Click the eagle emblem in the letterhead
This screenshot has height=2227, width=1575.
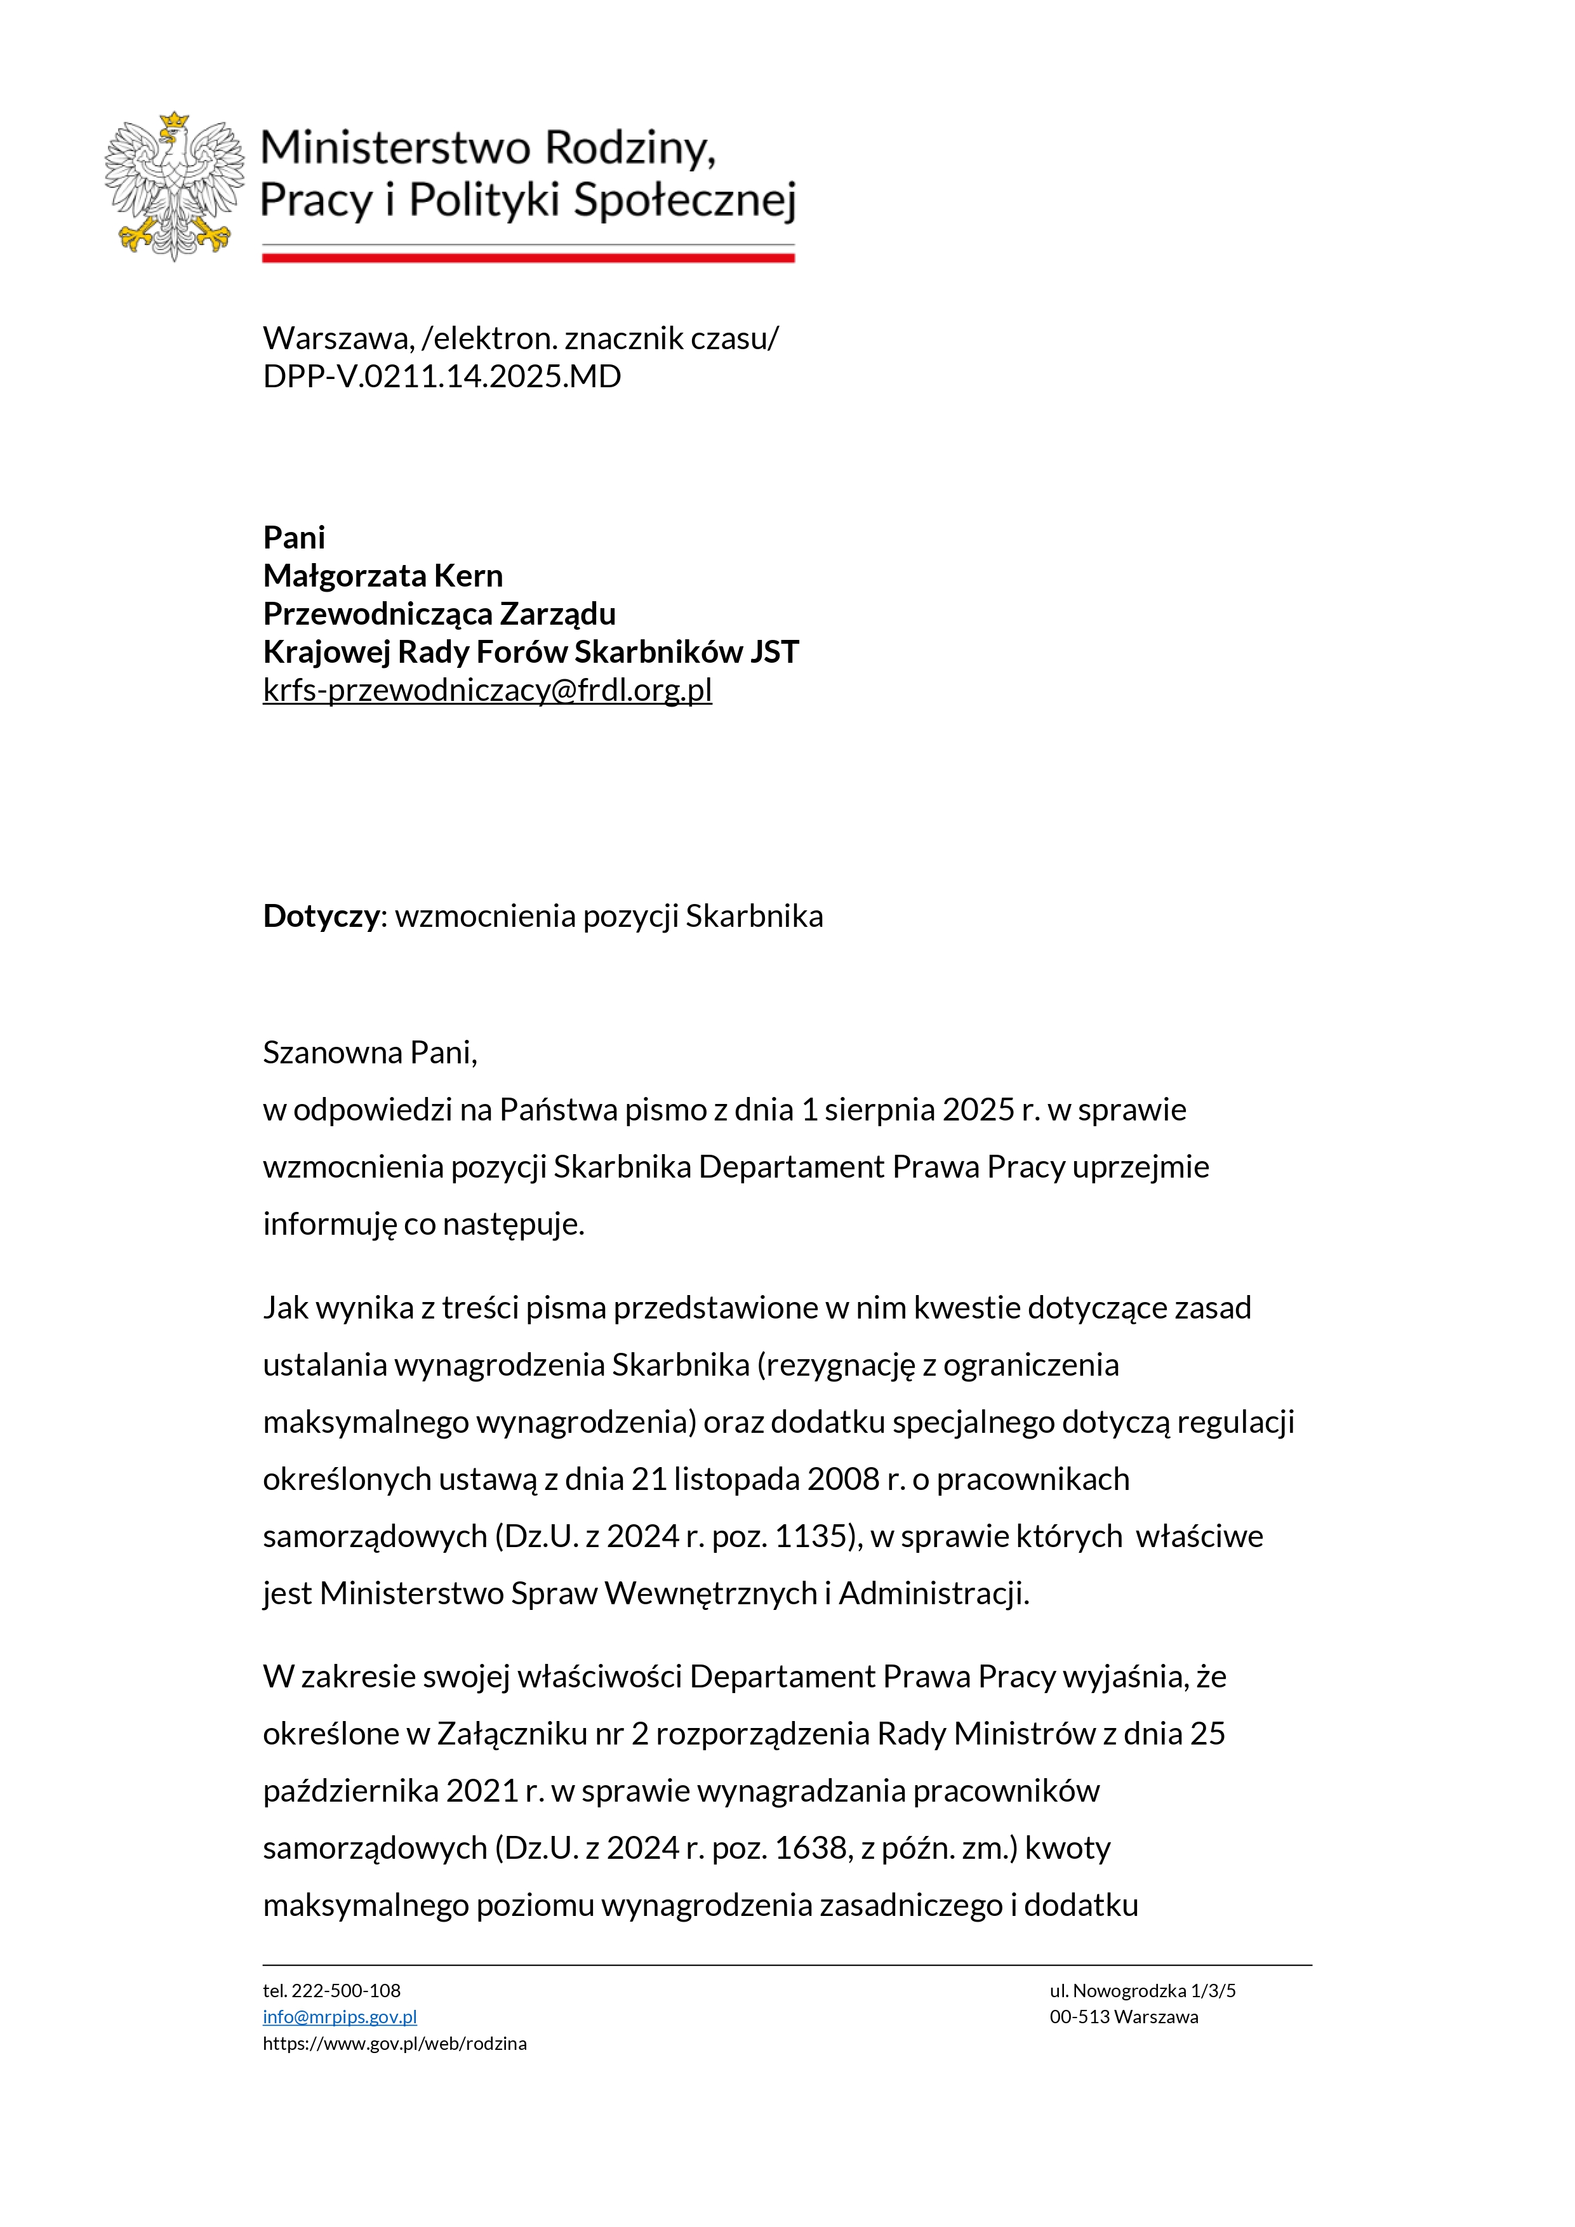[x=175, y=186]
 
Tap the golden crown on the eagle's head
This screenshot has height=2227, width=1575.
[x=175, y=120]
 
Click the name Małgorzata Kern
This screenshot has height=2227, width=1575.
[x=382, y=575]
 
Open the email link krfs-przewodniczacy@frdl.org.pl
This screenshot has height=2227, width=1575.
[x=487, y=689]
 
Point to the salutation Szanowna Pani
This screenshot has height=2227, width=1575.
[x=369, y=1053]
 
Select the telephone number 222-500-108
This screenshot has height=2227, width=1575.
[x=345, y=1990]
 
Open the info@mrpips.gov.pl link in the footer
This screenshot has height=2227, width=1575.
[x=340, y=2016]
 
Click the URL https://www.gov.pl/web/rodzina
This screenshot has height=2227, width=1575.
[x=395, y=2043]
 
